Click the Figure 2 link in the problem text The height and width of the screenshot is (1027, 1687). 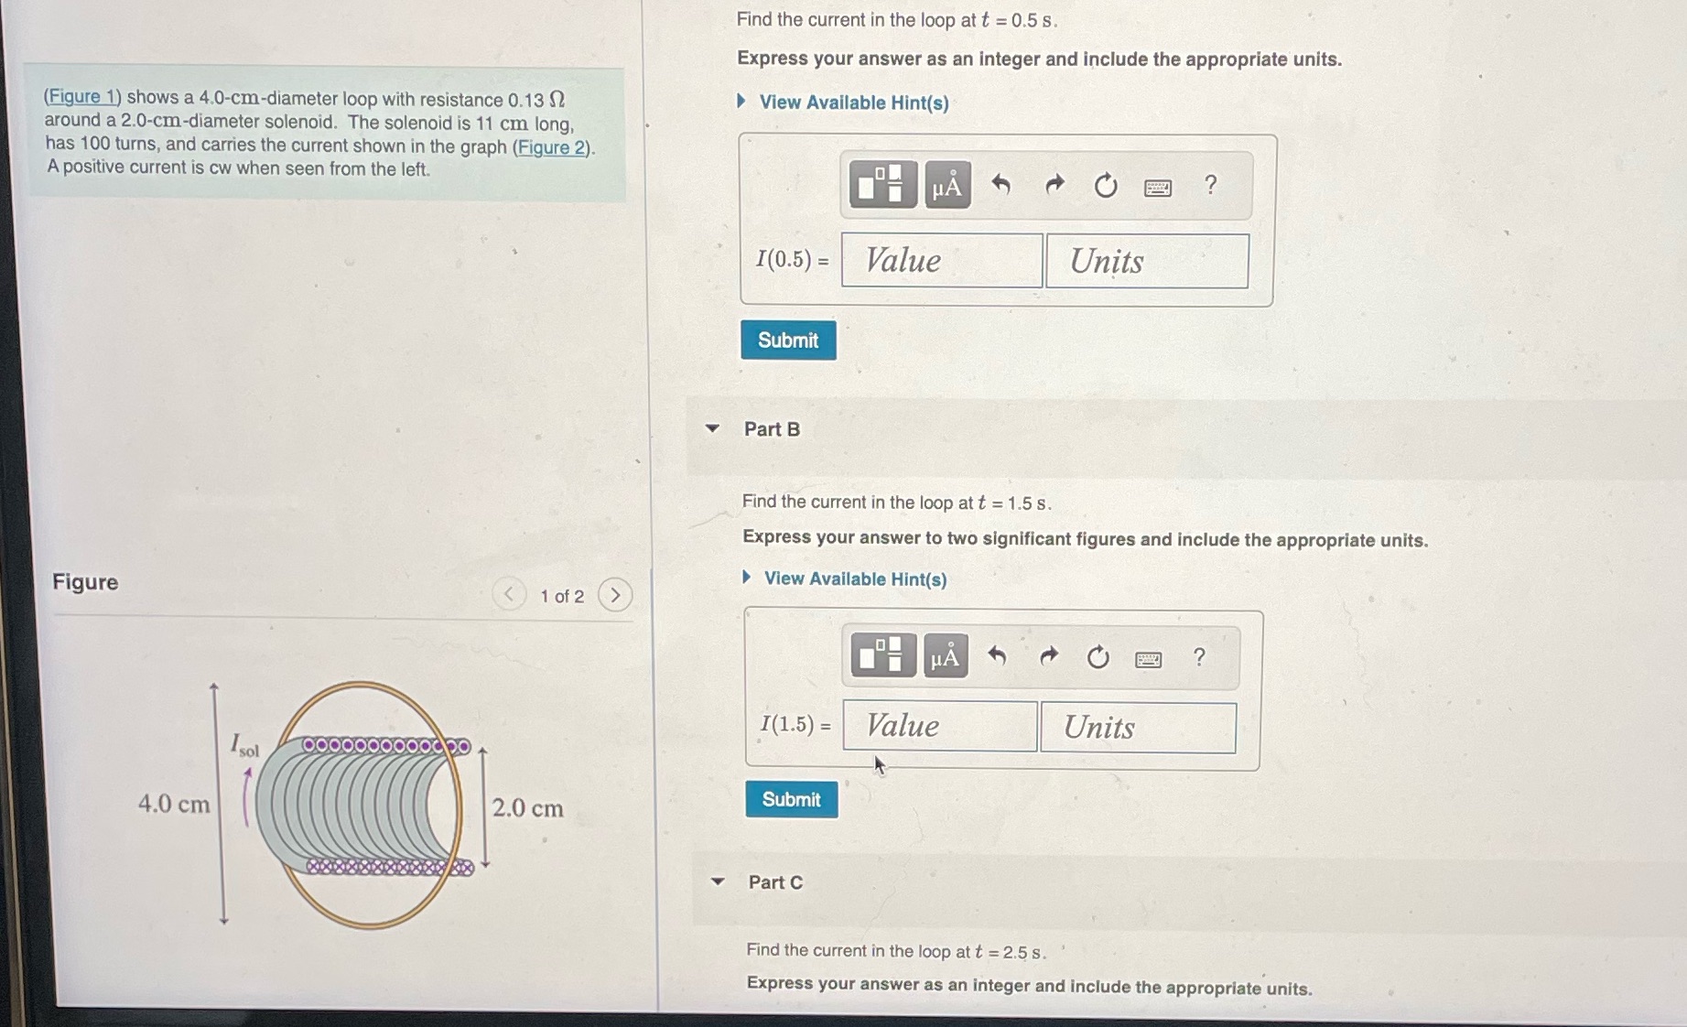coord(552,147)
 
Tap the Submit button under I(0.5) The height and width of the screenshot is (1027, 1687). coord(788,341)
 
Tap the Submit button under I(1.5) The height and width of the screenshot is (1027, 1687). coord(792,799)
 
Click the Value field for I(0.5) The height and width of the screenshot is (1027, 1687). coord(941,261)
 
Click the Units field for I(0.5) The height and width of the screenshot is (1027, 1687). coord(1147,262)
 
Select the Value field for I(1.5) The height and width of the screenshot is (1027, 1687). coord(939,727)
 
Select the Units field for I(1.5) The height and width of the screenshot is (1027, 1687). coord(1138,729)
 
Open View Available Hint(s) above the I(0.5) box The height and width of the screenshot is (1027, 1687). coord(853,103)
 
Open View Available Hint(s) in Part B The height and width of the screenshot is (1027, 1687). coord(855,579)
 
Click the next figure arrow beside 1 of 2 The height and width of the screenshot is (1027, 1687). coord(615,596)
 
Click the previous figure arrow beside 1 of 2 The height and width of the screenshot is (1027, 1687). coord(509,595)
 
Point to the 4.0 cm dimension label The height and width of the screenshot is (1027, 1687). coord(174,805)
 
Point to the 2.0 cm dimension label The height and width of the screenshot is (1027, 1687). coord(527,808)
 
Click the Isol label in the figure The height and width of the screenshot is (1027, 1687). coord(243,746)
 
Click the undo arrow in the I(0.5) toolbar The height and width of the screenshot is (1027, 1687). coord(1001,186)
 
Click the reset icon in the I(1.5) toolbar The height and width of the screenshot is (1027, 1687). coord(1098,657)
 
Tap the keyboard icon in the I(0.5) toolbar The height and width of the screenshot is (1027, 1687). coord(1158,188)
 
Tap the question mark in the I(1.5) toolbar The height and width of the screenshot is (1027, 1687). coord(1199,657)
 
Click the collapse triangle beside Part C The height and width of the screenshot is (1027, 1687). coord(719,882)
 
